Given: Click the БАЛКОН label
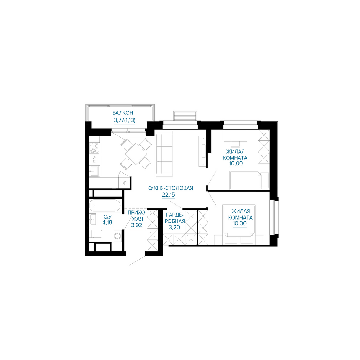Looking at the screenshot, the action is pyautogui.click(x=123, y=113).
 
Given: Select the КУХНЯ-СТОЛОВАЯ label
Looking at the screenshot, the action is pyautogui.click(x=170, y=188).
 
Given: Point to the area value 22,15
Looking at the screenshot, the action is pyautogui.click(x=168, y=195).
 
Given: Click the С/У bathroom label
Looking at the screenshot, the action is pyautogui.click(x=107, y=216).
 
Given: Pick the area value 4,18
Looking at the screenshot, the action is pyautogui.click(x=107, y=222).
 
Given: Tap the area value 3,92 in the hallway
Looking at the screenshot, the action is pyautogui.click(x=136, y=225).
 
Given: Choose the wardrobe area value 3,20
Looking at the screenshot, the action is pyautogui.click(x=175, y=228).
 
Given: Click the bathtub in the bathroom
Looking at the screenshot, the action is pyautogui.click(x=105, y=205).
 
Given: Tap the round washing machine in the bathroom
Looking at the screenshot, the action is pyautogui.click(x=118, y=236).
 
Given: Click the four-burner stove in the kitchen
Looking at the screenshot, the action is pyautogui.click(x=94, y=148).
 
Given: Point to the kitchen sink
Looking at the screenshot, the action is pyautogui.click(x=94, y=171).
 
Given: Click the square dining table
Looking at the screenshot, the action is pyautogui.click(x=136, y=154).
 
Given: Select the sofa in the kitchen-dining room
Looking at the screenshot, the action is pyautogui.click(x=164, y=154).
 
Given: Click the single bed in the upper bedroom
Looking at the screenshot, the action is pyautogui.click(x=249, y=180).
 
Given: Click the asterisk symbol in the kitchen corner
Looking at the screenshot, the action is pyautogui.click(x=124, y=183).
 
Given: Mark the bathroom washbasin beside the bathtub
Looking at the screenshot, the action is pyautogui.click(x=93, y=219).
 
